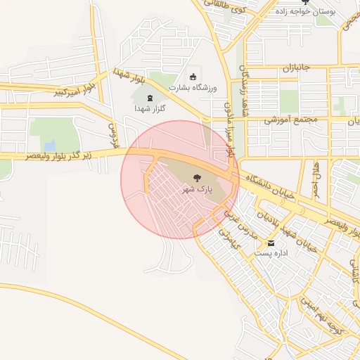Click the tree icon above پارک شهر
pos(196,180)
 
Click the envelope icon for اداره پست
pos(271,243)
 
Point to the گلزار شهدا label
pos(149,110)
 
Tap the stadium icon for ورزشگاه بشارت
pos(193,76)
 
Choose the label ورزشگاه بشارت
pos(193,86)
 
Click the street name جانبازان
pos(297,69)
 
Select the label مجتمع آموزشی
pos(291,120)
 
